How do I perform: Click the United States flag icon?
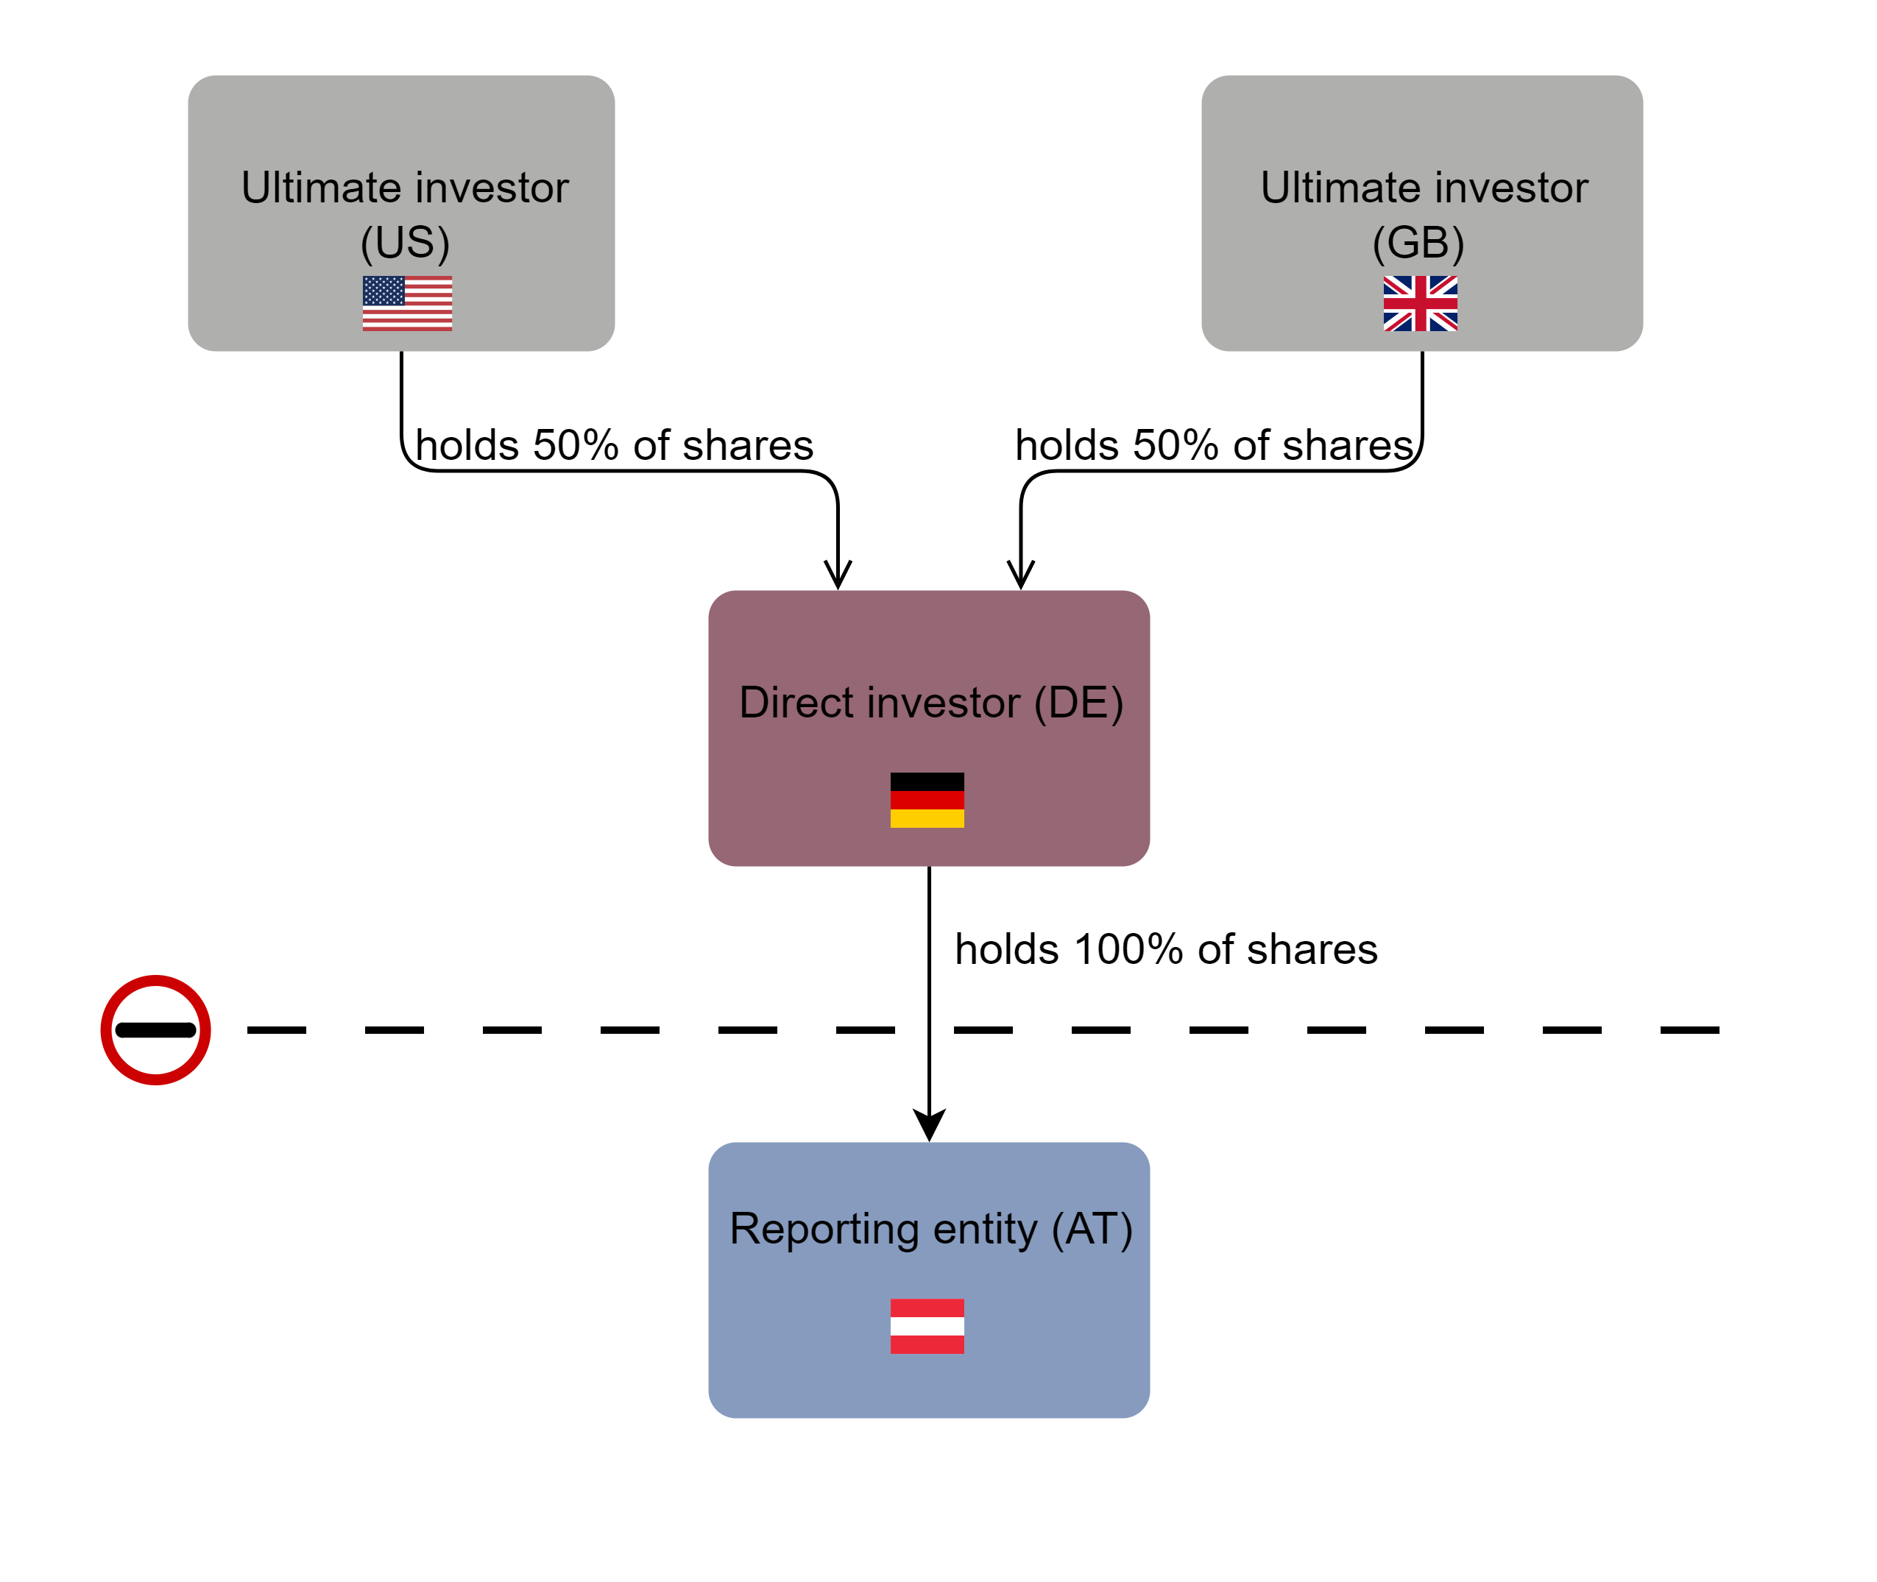tap(406, 303)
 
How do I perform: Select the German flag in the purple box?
tap(927, 800)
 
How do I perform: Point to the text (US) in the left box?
tap(405, 243)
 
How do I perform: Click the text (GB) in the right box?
tap(1418, 243)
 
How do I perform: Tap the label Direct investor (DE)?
tap(930, 702)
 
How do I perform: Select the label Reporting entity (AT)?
tap(930, 1229)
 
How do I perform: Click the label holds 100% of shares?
tap(1165, 949)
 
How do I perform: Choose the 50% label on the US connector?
tap(614, 446)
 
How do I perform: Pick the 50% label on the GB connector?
tap(1213, 446)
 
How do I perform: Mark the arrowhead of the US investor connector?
tap(837, 574)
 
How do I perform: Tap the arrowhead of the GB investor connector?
tap(1020, 574)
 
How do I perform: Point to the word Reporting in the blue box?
tap(824, 1229)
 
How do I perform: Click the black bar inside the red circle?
tap(155, 1029)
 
